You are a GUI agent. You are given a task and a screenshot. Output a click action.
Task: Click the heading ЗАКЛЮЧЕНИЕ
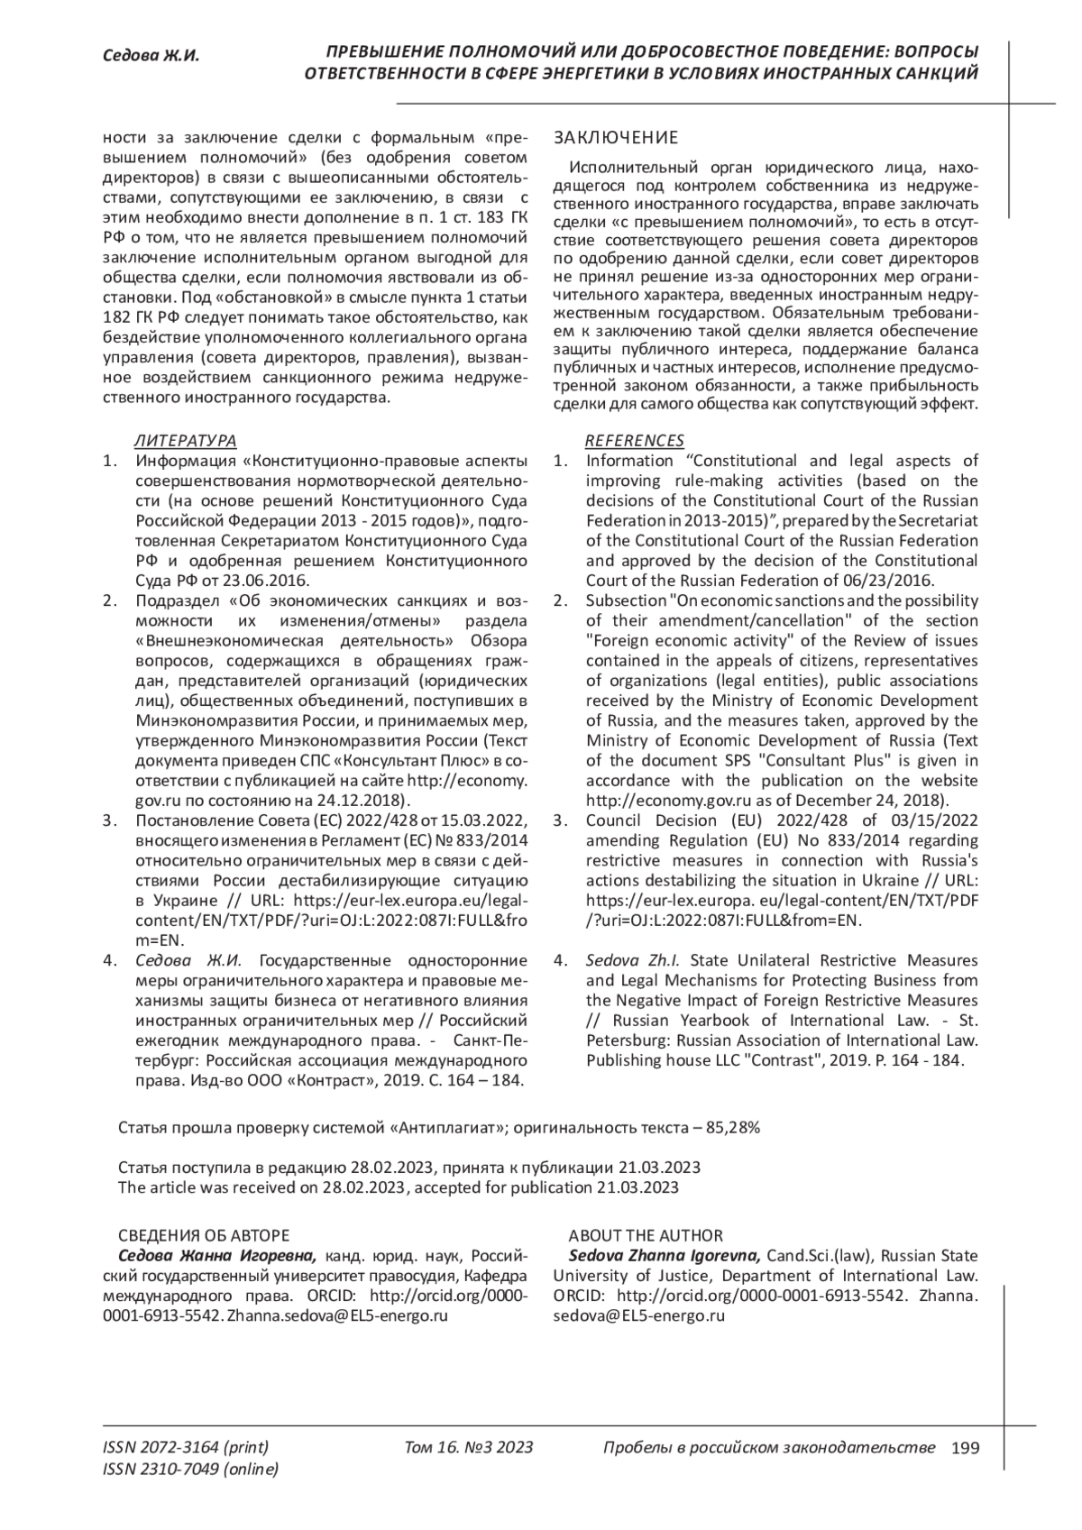[x=615, y=138]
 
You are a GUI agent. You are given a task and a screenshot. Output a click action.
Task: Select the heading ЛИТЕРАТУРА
[x=185, y=440]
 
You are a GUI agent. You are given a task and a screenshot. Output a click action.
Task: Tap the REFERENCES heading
[x=635, y=440]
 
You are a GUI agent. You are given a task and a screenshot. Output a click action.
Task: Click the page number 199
[x=965, y=1448]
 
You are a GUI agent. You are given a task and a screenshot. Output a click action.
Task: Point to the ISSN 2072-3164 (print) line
[x=186, y=1448]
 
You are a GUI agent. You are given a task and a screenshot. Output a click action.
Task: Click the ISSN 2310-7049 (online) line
[x=191, y=1470]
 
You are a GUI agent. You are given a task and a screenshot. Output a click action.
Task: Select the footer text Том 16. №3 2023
[x=469, y=1448]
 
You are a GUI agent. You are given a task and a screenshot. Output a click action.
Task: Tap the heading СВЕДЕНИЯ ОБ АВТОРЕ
[x=204, y=1235]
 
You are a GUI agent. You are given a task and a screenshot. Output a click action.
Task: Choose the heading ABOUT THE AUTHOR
[x=646, y=1235]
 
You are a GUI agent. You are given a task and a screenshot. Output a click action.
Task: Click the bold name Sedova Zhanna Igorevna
[x=665, y=1256]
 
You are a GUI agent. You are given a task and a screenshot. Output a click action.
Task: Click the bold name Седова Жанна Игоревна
[x=217, y=1256]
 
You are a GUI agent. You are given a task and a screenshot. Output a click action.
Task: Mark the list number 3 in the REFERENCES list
[x=559, y=820]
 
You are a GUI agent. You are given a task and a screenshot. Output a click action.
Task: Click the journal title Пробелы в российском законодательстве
[x=768, y=1448]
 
